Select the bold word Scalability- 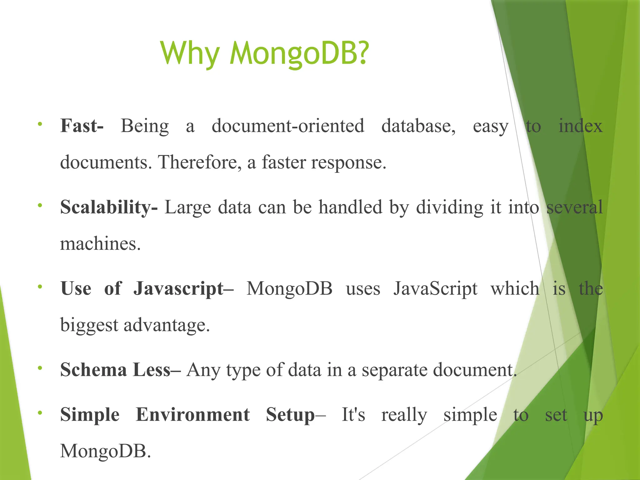pyautogui.click(x=109, y=207)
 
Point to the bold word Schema pyautogui.click(x=93, y=370)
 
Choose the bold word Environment pyautogui.click(x=193, y=415)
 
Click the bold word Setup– pyautogui.click(x=296, y=415)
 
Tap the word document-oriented pyautogui.click(x=288, y=126)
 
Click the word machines pyautogui.click(x=100, y=244)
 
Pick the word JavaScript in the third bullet pyautogui.click(x=435, y=289)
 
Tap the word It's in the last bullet pyautogui.click(x=353, y=415)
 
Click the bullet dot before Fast pyautogui.click(x=40, y=124)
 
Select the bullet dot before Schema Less pyautogui.click(x=40, y=368)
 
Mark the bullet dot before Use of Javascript pyautogui.click(x=40, y=287)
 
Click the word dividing pyautogui.click(x=449, y=207)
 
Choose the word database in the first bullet pyautogui.click(x=418, y=126)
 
